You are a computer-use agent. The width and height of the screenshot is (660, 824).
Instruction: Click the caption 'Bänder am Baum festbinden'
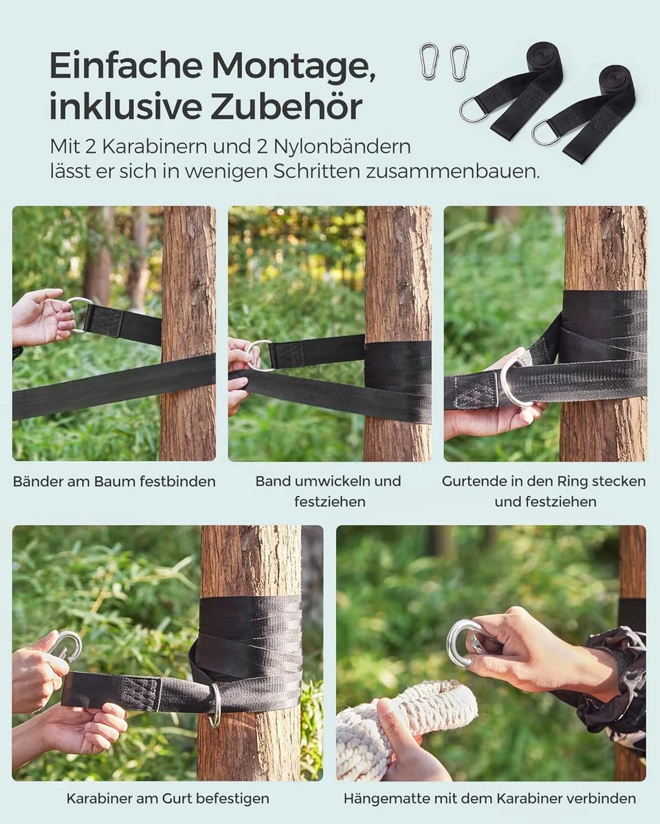coord(114,481)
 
